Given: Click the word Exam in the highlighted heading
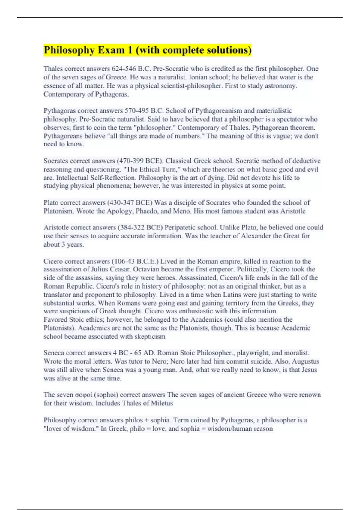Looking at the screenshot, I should click(x=111, y=50).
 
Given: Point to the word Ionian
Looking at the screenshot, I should click(x=199, y=77).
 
